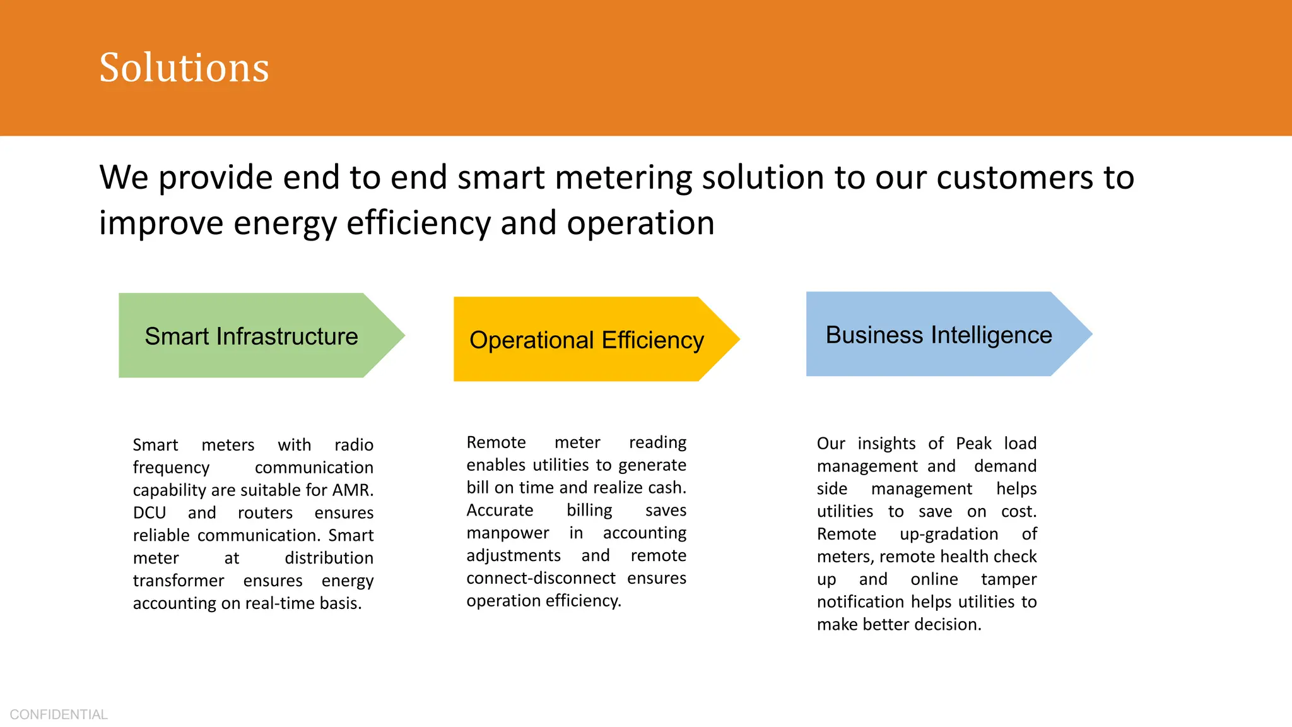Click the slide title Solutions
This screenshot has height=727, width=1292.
(x=184, y=68)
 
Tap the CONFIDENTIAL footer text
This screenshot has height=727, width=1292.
(x=59, y=714)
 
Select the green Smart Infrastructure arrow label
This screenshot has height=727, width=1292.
(x=251, y=336)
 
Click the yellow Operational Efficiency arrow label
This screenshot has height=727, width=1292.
(x=586, y=340)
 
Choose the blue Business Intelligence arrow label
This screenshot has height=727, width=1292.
(x=938, y=335)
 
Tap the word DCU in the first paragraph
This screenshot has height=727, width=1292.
(x=150, y=513)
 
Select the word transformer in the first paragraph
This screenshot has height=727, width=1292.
(x=179, y=581)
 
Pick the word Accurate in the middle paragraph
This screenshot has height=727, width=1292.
(x=500, y=510)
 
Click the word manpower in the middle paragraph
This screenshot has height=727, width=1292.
(x=508, y=533)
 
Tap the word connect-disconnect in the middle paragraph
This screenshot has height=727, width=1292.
(x=541, y=578)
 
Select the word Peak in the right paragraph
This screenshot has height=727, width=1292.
(x=973, y=444)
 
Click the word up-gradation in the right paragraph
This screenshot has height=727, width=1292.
(x=949, y=535)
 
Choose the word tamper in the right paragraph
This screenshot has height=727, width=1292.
(x=1008, y=580)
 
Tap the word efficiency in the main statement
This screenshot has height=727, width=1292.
(x=418, y=223)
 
